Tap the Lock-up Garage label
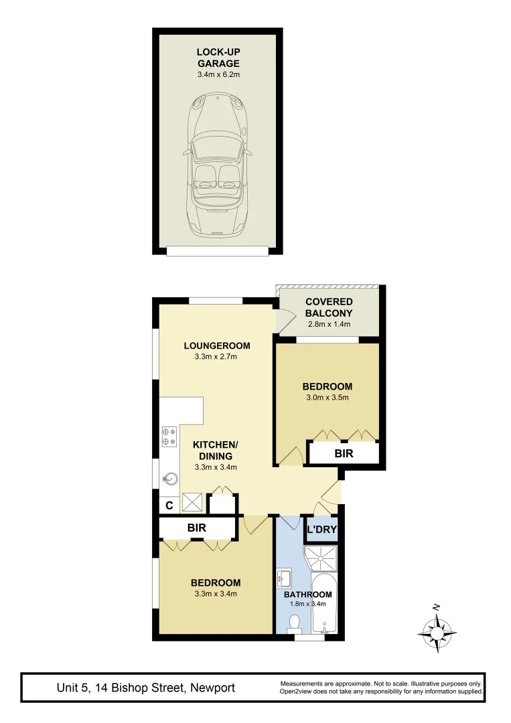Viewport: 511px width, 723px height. pos(218,58)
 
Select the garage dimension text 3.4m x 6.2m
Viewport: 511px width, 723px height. pos(218,74)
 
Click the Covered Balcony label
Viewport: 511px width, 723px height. pos(329,308)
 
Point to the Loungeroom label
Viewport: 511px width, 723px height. pos(218,346)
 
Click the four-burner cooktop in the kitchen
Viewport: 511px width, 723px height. pos(169,436)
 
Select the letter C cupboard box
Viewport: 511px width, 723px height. pos(169,505)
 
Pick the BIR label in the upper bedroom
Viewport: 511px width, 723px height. pos(344,454)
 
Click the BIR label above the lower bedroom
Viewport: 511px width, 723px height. pos(196,528)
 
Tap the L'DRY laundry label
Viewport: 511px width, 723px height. pos(321,531)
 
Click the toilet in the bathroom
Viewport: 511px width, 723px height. pos(293,624)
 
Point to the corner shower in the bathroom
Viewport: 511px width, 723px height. pos(322,558)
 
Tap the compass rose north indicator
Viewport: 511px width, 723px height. pos(437,629)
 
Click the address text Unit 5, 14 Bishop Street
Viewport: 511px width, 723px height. pos(146,688)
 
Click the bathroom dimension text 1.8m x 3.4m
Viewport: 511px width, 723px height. pos(307,604)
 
